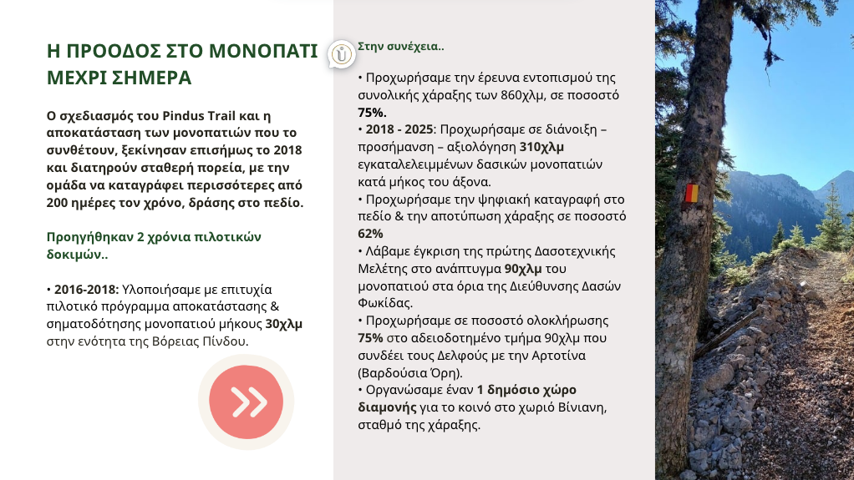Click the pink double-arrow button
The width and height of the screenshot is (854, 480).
click(x=245, y=402)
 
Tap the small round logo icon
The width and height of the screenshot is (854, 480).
click(x=342, y=54)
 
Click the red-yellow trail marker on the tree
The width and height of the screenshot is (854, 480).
click(x=690, y=193)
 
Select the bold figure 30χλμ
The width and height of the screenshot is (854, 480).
click(x=284, y=324)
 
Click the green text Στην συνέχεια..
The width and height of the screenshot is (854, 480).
click(x=400, y=46)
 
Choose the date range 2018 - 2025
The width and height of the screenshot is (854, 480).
click(x=399, y=129)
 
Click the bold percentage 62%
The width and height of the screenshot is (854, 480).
click(x=371, y=233)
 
